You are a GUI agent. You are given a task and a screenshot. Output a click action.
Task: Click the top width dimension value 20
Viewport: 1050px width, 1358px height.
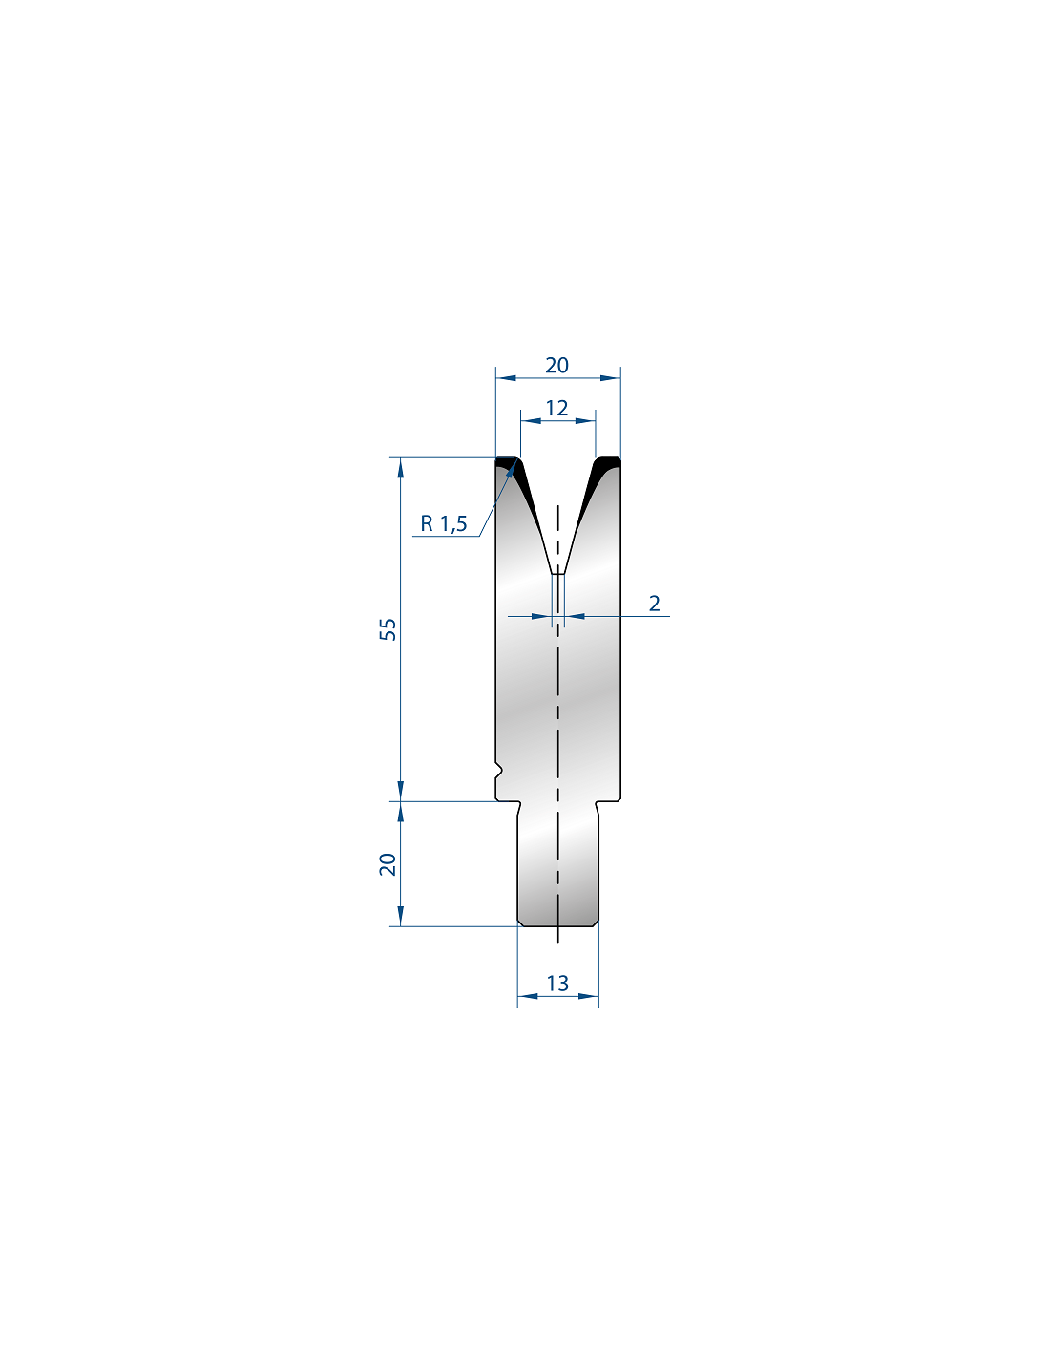click(556, 365)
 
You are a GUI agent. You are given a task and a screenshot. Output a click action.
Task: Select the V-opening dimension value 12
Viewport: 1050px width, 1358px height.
click(556, 408)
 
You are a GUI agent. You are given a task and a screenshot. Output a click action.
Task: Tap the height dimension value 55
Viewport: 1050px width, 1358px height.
click(388, 629)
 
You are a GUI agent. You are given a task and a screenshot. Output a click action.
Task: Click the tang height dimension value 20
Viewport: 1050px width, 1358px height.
click(388, 864)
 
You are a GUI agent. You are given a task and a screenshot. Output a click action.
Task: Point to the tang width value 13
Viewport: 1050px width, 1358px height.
click(557, 984)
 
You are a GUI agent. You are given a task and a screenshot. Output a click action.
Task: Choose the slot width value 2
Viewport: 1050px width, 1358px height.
click(654, 603)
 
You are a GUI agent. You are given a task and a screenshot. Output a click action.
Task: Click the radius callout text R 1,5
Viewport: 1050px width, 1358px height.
click(444, 523)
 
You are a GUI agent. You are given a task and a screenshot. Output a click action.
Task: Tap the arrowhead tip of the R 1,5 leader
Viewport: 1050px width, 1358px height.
click(516, 460)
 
